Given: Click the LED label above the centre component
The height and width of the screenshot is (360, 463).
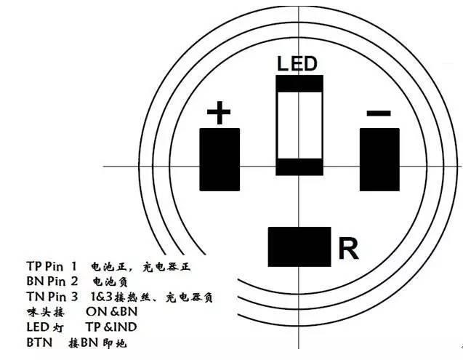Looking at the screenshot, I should pyautogui.click(x=297, y=63).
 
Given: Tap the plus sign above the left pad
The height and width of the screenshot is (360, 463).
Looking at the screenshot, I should pyautogui.click(x=218, y=113).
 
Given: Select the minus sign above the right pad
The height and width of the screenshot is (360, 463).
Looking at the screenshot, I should pyautogui.click(x=379, y=113).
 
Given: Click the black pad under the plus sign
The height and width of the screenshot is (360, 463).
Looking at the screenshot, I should pyautogui.click(x=220, y=158).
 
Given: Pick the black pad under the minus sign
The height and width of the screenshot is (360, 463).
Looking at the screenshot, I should pyautogui.click(x=379, y=158).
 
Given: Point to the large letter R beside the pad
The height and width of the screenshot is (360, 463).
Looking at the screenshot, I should pyautogui.click(x=348, y=249).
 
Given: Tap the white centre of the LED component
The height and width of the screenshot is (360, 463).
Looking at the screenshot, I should pyautogui.click(x=298, y=124).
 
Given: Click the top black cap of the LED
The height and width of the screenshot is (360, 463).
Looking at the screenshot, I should pyautogui.click(x=298, y=82).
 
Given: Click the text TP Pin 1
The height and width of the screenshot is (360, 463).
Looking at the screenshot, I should pyautogui.click(x=51, y=267).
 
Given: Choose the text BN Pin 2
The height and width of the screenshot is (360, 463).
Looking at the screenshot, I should pyautogui.click(x=51, y=281).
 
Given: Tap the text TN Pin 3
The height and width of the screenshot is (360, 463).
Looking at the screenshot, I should pyautogui.click(x=51, y=297).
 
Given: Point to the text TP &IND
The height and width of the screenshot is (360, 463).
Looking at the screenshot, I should pyautogui.click(x=111, y=327).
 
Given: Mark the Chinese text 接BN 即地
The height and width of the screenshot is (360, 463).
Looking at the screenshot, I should pyautogui.click(x=102, y=342).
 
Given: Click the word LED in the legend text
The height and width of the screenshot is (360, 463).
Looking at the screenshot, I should pyautogui.click(x=37, y=327).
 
